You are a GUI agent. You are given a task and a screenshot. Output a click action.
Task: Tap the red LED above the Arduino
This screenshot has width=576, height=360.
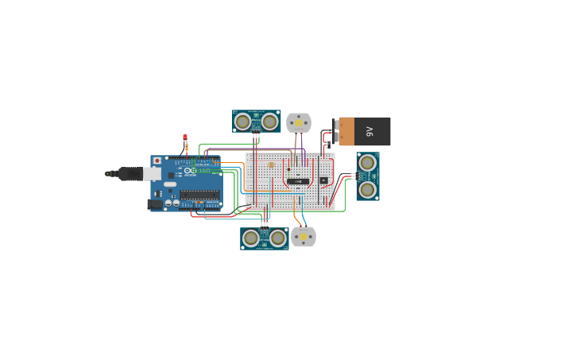coord(185,137)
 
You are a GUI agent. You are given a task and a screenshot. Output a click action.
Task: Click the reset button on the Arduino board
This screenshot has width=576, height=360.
coord(157,161)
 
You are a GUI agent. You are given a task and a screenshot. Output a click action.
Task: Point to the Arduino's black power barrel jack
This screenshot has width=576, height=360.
coord(155,204)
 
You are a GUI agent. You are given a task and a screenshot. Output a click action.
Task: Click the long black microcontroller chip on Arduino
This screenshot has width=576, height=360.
coord(199,194)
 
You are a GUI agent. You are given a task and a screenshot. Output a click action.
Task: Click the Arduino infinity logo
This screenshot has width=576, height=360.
coord(190,170)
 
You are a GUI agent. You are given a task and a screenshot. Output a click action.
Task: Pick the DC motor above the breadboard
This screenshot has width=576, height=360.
coord(299,122)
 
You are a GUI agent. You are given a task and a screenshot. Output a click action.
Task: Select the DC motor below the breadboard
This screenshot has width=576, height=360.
coord(303,237)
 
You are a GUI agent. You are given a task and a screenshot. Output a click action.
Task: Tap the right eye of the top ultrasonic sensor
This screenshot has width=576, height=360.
coord(270,122)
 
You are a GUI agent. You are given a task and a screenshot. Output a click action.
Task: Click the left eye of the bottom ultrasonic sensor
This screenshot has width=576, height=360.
coord(251,238)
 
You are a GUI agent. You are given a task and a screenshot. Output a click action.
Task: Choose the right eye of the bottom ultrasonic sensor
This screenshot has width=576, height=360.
coord(277,238)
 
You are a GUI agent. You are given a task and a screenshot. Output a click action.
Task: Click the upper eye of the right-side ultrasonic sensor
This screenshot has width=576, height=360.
coord(367,163)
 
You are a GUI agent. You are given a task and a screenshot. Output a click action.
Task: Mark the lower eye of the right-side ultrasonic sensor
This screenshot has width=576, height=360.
coord(367,189)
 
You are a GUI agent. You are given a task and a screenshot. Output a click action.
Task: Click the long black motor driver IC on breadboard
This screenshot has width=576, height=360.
coord(298,180)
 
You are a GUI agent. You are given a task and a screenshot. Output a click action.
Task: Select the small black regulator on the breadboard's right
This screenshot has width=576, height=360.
coord(323,180)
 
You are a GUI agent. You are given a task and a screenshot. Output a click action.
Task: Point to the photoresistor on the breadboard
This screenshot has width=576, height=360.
coord(271,165)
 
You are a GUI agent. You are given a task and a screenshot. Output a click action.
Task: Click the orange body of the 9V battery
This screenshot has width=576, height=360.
coord(346,131)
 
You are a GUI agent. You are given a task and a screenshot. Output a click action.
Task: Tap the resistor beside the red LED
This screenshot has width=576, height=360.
coord(186,147)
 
